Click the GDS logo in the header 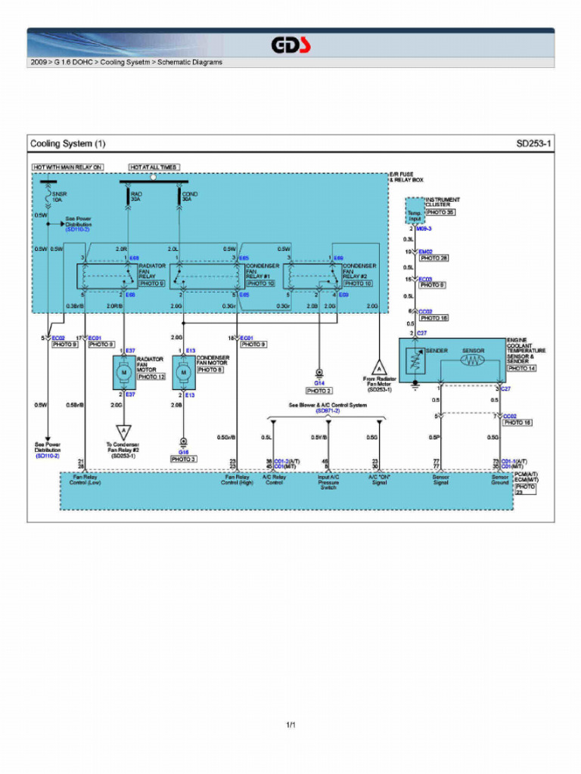(293, 45)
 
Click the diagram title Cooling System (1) (68, 144)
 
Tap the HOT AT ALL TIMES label (154, 167)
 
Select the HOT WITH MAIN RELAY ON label (67, 167)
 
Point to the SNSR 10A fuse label (60, 197)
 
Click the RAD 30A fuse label (136, 197)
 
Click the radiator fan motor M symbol (123, 373)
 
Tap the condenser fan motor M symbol (183, 373)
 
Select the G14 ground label (319, 383)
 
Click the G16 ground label (183, 452)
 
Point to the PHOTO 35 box (440, 212)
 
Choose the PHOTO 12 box (151, 376)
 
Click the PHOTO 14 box (521, 368)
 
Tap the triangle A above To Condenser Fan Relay (123, 432)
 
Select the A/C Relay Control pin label (274, 480)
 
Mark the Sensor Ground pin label (500, 480)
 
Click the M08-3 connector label (424, 228)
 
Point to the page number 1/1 (290, 726)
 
